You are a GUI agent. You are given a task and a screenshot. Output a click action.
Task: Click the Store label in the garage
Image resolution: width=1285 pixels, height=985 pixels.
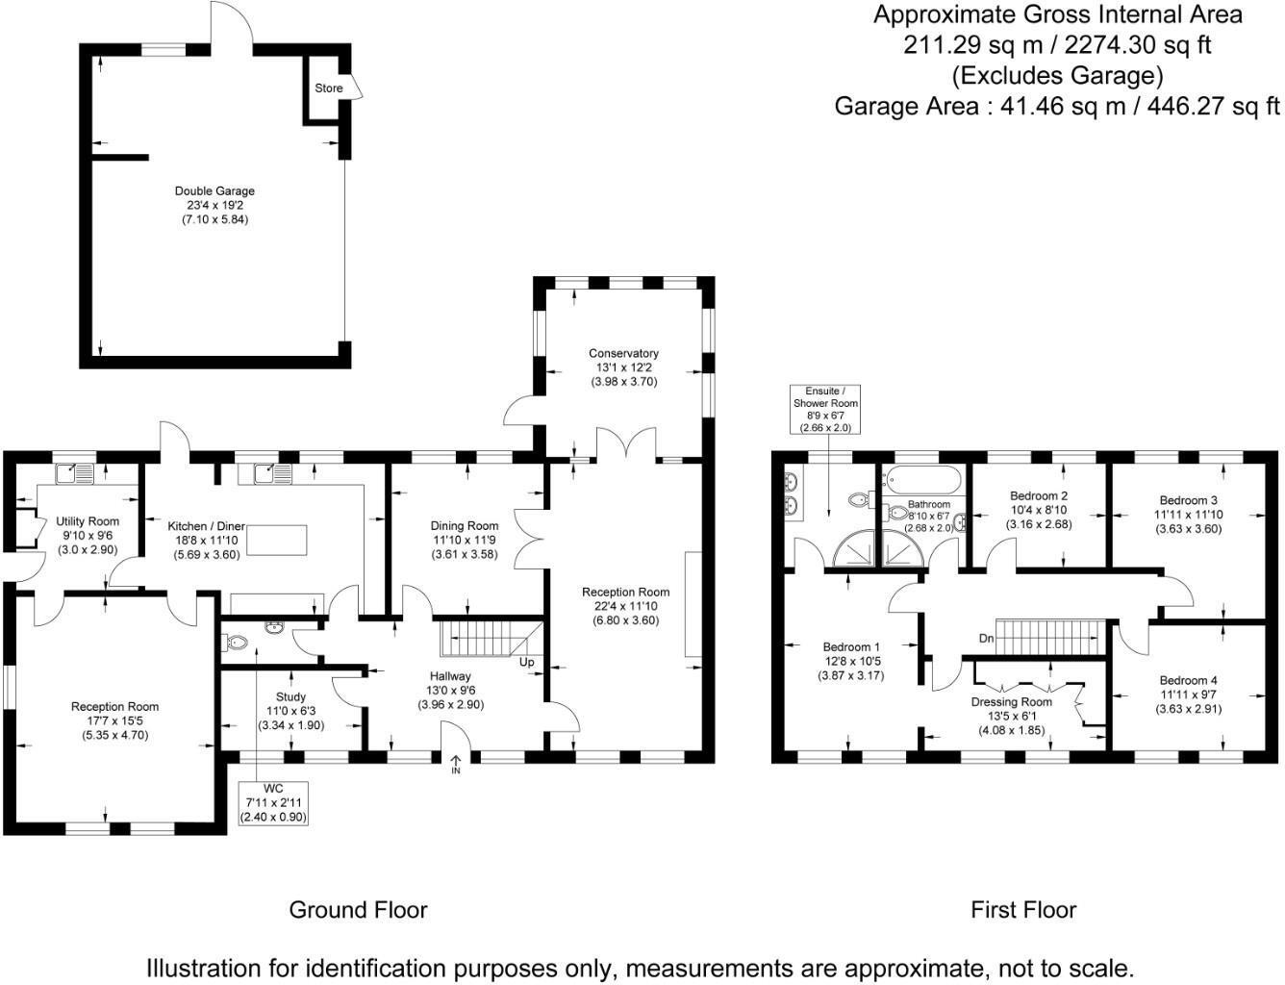pos(328,88)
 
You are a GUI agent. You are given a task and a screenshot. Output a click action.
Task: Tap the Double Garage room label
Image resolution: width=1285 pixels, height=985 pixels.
pos(214,191)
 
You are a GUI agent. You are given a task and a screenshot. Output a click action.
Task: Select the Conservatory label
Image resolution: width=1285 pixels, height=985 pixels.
pos(623,353)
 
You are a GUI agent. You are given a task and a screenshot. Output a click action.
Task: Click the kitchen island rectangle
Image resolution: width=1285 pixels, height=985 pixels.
pos(277,540)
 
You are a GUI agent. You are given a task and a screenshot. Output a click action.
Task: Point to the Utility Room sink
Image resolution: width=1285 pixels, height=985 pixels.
pos(74,473)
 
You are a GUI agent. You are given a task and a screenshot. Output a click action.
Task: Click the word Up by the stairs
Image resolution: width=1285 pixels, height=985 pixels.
pos(526,662)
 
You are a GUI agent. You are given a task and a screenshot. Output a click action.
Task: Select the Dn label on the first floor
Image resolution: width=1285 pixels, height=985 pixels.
pos(987,638)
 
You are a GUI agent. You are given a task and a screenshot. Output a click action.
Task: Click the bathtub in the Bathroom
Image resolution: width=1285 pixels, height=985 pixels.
pos(923,480)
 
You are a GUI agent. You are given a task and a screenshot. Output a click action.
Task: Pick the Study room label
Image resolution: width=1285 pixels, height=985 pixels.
pos(290,697)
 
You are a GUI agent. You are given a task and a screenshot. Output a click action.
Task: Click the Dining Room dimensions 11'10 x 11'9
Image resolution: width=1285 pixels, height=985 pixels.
pos(465,540)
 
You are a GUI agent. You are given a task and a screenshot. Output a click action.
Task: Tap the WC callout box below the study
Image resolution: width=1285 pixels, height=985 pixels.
pos(273,803)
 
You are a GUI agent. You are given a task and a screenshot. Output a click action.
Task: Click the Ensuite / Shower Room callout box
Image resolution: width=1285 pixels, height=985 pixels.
pos(825,409)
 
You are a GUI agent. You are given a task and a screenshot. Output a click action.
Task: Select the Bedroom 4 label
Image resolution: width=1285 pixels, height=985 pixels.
pos(1189,680)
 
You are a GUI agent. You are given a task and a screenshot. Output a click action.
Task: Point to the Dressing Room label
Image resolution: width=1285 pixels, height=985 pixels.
pos(1011,702)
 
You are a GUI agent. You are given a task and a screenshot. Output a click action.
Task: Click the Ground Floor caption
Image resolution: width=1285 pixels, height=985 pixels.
pos(358,909)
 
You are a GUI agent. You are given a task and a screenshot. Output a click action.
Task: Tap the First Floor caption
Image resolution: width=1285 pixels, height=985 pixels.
pos(1023,909)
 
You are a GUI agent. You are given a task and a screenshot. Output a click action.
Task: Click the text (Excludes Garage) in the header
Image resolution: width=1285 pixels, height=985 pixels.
pos(1057,76)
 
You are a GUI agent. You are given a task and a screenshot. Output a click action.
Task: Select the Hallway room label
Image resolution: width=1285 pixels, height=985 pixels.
pos(450,676)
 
